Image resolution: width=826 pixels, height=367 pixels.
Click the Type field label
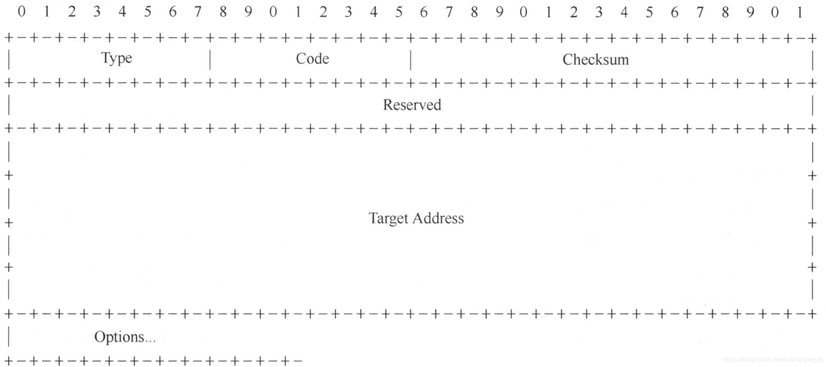tap(116, 58)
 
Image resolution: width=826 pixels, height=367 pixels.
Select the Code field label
tap(312, 59)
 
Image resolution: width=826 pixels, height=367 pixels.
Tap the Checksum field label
tap(595, 60)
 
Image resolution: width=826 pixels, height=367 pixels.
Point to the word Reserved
tap(412, 105)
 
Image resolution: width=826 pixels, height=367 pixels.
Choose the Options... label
tap(125, 337)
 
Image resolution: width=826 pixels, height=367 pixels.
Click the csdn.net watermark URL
tap(772, 359)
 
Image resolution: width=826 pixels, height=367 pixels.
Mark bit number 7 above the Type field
tap(197, 12)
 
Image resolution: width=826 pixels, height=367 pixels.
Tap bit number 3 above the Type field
tap(97, 12)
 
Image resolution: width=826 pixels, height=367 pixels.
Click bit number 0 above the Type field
tap(22, 12)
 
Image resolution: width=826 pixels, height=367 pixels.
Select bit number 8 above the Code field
tap(223, 12)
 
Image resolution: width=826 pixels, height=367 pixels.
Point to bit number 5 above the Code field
tap(398, 12)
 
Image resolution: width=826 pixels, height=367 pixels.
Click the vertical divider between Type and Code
tap(210, 59)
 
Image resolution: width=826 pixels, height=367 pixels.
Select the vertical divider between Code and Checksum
tap(410, 60)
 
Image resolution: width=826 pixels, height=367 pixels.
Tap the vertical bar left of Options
tap(9, 337)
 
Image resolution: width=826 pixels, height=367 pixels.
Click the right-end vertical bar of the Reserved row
tap(813, 106)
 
